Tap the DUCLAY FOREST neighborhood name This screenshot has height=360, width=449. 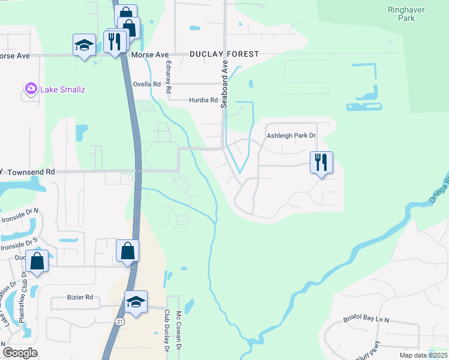pos(224,54)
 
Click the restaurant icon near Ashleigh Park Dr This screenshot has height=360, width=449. pos(321,162)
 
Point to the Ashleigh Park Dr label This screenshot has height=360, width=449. pos(291,136)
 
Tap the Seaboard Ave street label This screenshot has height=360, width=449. pos(225,83)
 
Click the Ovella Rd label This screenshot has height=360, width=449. pos(148,85)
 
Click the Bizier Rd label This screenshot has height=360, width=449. pos(80,297)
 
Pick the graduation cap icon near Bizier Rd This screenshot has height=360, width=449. pos(136,301)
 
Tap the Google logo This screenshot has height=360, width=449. pos(20,353)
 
